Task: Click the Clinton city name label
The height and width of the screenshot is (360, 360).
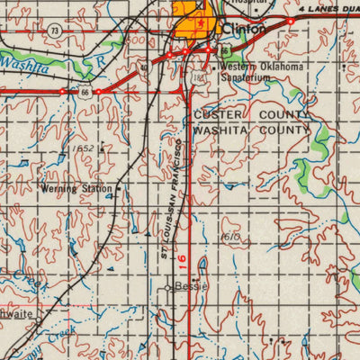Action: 245,29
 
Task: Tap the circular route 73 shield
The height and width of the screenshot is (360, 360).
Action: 56,31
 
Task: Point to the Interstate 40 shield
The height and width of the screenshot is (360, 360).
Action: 144,67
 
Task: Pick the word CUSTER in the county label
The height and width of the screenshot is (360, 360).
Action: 220,116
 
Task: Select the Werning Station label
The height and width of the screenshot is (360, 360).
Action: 76,189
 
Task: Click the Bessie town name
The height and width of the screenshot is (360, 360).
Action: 190,287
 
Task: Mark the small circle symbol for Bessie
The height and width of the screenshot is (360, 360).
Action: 168,288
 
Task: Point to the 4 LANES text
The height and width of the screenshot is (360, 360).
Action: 324,9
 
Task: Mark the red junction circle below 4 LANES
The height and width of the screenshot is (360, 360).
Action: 290,21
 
